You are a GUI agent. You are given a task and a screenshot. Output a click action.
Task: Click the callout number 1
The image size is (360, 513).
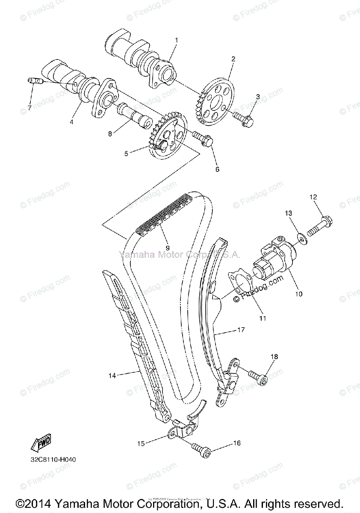pyautogui.click(x=175, y=40)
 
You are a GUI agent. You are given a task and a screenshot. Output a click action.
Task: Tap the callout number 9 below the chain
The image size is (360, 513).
pyautogui.click(x=168, y=248)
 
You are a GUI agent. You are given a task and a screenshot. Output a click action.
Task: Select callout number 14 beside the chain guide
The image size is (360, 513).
pyautogui.click(x=112, y=375)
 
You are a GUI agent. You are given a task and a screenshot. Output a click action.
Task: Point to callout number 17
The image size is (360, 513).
pyautogui.click(x=241, y=330)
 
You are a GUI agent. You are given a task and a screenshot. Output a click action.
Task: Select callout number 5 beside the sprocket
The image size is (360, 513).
pyautogui.click(x=126, y=152)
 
